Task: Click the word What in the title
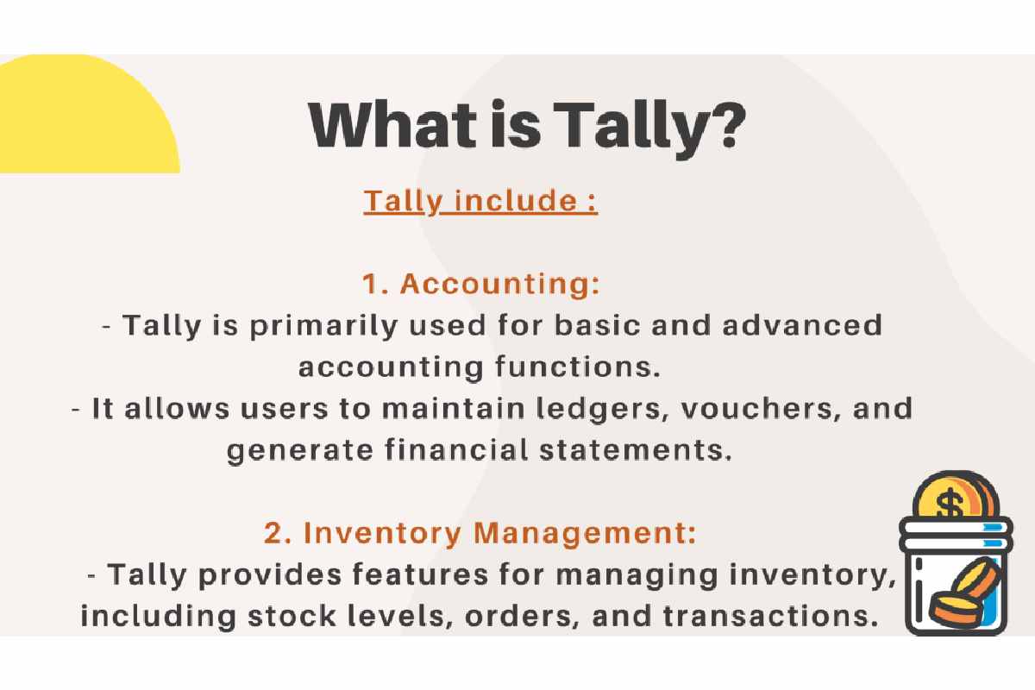click(392, 126)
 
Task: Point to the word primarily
click(323, 326)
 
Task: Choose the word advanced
click(803, 325)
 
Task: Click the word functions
click(577, 367)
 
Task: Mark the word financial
click(456, 449)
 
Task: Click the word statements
click(636, 450)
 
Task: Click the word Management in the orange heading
click(585, 534)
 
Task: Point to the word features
click(420, 574)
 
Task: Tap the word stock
click(292, 616)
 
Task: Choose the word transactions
click(770, 616)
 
